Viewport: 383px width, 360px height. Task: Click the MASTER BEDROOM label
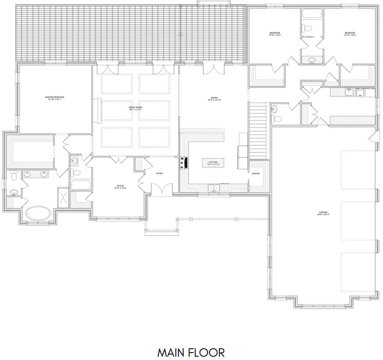click(x=55, y=97)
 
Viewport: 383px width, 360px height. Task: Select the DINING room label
click(x=214, y=98)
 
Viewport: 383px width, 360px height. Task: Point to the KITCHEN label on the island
click(x=214, y=162)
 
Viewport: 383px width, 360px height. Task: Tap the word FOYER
click(x=159, y=173)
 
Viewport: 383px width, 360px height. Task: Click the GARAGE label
click(x=323, y=213)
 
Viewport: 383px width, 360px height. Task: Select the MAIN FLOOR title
click(x=191, y=352)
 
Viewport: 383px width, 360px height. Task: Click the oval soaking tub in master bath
click(x=38, y=214)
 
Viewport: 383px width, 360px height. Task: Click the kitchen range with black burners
click(x=184, y=162)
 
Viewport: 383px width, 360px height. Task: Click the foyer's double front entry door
click(x=161, y=190)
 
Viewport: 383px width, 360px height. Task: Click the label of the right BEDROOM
click(x=349, y=33)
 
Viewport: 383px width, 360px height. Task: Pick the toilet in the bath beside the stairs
click(x=278, y=118)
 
